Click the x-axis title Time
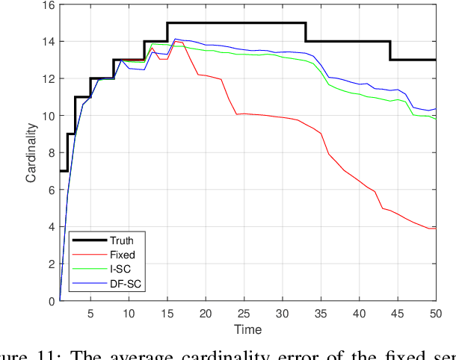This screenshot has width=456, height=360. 247,329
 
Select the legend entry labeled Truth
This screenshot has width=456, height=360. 123,240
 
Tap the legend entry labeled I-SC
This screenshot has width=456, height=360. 121,269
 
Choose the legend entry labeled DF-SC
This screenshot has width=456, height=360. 125,283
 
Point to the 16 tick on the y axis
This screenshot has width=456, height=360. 49,5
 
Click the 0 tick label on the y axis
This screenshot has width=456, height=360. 51,301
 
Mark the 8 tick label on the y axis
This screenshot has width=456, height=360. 51,153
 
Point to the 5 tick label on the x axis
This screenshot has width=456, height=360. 90,312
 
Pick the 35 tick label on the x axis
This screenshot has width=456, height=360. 321,312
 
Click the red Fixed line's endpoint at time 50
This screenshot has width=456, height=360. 435,229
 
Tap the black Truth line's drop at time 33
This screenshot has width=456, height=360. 306,32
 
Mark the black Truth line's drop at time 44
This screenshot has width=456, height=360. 390,51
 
